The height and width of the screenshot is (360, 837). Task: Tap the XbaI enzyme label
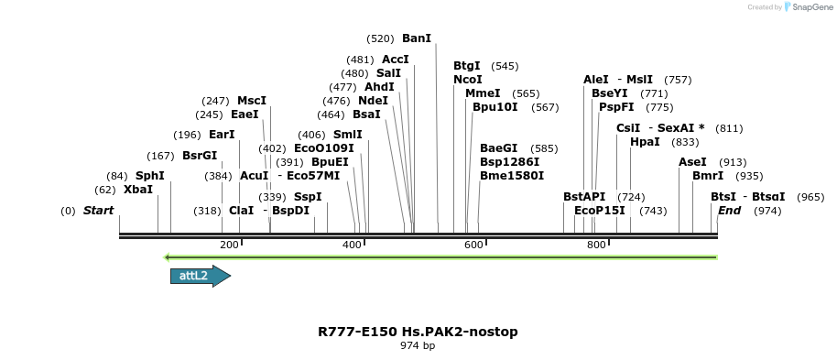pos(138,190)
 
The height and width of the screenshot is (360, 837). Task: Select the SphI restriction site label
pos(150,176)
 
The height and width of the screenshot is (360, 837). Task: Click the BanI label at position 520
pos(417,38)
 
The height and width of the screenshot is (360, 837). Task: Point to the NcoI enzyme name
pos(468,80)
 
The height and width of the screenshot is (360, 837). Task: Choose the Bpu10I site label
pos(495,107)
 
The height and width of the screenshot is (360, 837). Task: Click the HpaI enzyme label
pos(645,142)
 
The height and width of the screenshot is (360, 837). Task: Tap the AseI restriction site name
pos(692,162)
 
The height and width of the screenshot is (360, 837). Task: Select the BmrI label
pos(708,176)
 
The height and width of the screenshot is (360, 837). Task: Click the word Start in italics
pos(98,211)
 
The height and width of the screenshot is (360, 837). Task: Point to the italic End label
pos(729,211)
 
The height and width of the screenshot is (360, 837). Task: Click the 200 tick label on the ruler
pos(229,245)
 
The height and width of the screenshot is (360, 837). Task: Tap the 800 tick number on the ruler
pos(595,245)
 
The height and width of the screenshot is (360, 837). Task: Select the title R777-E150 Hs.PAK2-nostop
pos(418,331)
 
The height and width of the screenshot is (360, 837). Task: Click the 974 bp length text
pos(418,346)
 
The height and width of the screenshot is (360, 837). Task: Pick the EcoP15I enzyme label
pos(600,211)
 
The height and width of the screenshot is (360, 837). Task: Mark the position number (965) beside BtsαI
pos(810,197)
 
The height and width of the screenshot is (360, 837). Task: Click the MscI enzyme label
pos(252,101)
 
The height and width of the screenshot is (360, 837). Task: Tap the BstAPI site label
pos(584,197)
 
